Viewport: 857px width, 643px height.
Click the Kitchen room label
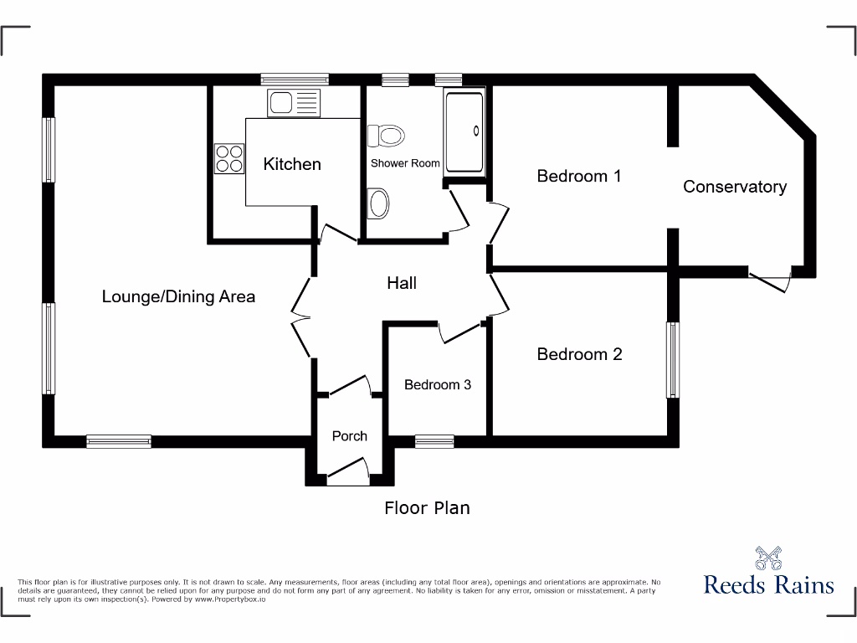(292, 164)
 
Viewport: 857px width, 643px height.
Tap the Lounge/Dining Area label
(178, 296)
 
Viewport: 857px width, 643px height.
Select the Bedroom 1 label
(578, 176)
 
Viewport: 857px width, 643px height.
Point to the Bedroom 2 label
(579, 354)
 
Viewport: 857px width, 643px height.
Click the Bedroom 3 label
(437, 385)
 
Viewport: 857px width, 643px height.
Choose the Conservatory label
(735, 187)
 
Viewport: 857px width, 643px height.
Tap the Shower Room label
(405, 163)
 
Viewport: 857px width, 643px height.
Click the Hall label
(402, 283)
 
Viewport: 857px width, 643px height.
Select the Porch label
(349, 435)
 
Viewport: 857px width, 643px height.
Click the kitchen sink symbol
(294, 104)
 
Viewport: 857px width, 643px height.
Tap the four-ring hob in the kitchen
(230, 158)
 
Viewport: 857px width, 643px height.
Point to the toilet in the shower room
(387, 135)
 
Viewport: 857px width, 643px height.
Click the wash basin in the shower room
(379, 203)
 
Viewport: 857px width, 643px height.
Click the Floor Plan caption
(427, 507)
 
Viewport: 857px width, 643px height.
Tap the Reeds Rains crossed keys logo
(767, 558)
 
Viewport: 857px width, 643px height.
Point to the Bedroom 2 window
(672, 360)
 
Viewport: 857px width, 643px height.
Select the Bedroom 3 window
(434, 441)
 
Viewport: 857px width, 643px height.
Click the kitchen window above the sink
(294, 80)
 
